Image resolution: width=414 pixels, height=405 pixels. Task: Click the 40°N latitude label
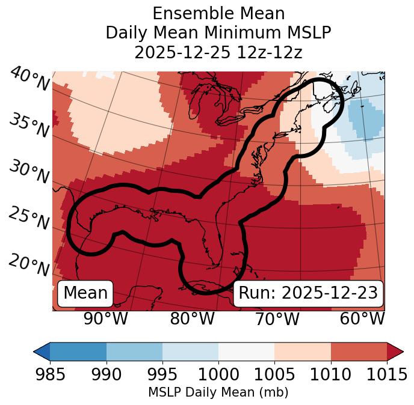pyautogui.click(x=28, y=80)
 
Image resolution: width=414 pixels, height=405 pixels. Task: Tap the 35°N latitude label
pyautogui.click(x=28, y=126)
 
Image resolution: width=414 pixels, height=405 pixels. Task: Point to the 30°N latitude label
pyautogui.click(x=28, y=172)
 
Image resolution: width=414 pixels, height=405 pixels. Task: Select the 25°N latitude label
pyautogui.click(x=28, y=219)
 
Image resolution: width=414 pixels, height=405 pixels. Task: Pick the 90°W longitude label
pyautogui.click(x=106, y=318)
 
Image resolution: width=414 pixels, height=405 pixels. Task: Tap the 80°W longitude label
pyautogui.click(x=192, y=318)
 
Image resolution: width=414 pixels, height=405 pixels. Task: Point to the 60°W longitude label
pyautogui.click(x=362, y=318)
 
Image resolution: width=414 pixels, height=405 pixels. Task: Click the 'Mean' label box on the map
pyautogui.click(x=85, y=293)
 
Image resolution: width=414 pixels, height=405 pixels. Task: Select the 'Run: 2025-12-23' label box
pyautogui.click(x=308, y=293)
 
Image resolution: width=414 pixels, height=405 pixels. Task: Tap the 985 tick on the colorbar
pyautogui.click(x=50, y=374)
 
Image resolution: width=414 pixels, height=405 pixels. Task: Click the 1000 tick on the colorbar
pyautogui.click(x=218, y=374)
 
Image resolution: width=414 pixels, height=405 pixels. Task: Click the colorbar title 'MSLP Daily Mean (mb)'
pyautogui.click(x=218, y=393)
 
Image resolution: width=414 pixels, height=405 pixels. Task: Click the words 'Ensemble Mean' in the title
pyautogui.click(x=218, y=14)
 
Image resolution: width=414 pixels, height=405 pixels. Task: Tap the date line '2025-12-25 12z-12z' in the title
pyautogui.click(x=218, y=52)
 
